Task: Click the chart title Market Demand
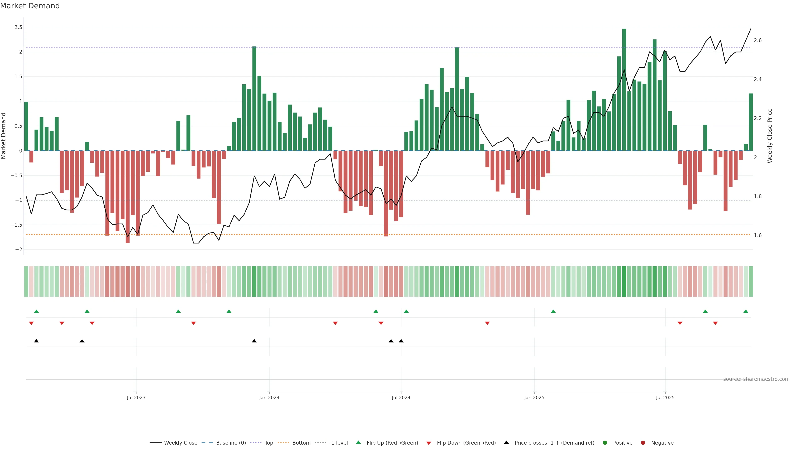[x=30, y=6]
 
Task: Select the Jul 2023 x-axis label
[x=136, y=397]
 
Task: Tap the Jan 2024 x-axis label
[x=269, y=397]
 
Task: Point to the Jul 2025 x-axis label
[x=665, y=397]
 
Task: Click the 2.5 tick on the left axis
[x=18, y=27]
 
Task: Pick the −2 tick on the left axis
[x=18, y=250]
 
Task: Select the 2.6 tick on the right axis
[x=758, y=40]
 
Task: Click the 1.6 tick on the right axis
[x=758, y=235]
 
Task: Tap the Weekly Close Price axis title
[x=770, y=136]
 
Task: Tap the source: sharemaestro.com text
[x=756, y=379]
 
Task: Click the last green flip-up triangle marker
[x=746, y=311]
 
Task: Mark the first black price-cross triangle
[x=36, y=341]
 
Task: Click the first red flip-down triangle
[x=31, y=323]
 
